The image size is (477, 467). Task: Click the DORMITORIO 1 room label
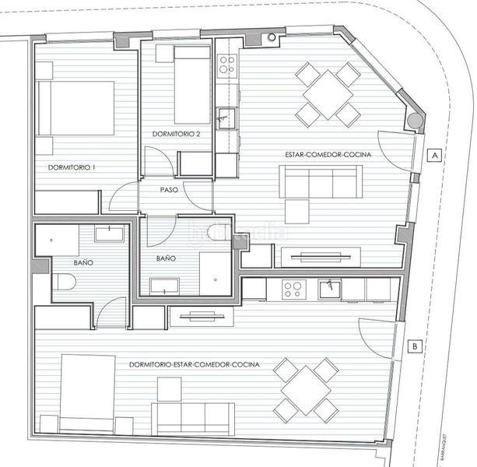click(x=72, y=167)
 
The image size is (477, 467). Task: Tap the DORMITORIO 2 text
click(x=177, y=133)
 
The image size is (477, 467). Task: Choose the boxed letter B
click(x=416, y=346)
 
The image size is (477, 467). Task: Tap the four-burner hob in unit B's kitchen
click(x=293, y=290)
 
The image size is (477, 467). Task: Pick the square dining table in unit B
click(x=308, y=391)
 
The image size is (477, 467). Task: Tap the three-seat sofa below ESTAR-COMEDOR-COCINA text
click(x=321, y=184)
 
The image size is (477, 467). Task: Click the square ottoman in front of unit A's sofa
click(x=297, y=211)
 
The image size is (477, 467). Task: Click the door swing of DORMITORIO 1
click(x=123, y=198)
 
